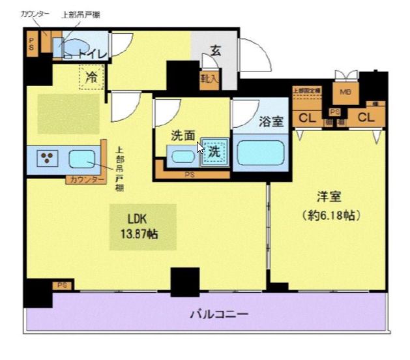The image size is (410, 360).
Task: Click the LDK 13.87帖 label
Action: click(x=141, y=226)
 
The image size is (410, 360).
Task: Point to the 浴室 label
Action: click(x=270, y=121)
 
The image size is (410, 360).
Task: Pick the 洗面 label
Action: click(x=183, y=136)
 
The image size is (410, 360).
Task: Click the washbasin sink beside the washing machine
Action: click(x=181, y=156)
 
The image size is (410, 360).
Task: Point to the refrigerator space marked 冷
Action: click(x=92, y=77)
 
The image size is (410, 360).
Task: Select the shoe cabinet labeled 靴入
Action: click(x=210, y=79)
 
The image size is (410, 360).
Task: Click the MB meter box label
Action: click(x=345, y=92)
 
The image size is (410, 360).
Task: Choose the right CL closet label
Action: click(x=366, y=118)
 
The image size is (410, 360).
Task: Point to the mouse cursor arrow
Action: click(x=199, y=147)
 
